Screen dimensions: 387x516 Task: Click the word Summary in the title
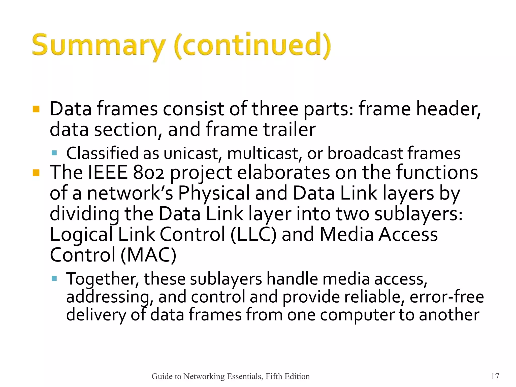[98, 45]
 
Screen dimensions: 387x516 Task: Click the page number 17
[495, 376]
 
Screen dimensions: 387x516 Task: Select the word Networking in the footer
[204, 376]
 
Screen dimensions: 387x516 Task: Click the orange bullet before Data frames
[36, 109]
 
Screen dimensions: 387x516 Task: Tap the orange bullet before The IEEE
[36, 173]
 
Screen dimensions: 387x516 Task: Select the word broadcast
[365, 153]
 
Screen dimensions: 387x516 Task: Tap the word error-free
[447, 297]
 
